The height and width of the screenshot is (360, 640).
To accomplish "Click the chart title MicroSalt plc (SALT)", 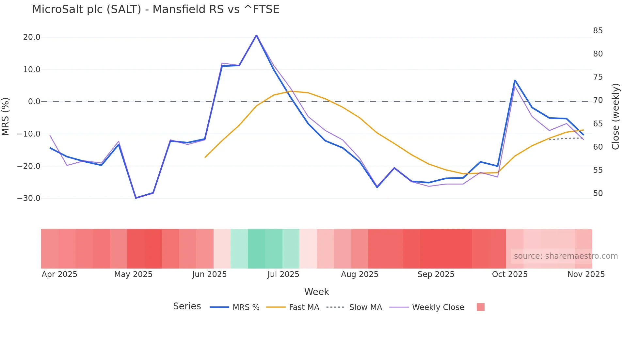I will pyautogui.click(x=155, y=9).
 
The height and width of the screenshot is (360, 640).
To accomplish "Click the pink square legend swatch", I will pyautogui.click(x=480, y=307).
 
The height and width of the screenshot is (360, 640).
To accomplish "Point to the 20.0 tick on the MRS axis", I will pyautogui.click(x=32, y=37).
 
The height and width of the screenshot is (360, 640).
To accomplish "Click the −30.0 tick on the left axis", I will pyautogui.click(x=29, y=198).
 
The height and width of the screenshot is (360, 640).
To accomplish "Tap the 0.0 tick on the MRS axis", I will pyautogui.click(x=34, y=102).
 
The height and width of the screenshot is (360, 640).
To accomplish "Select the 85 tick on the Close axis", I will pyautogui.click(x=598, y=31).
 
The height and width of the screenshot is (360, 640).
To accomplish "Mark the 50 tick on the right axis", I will pyautogui.click(x=598, y=193).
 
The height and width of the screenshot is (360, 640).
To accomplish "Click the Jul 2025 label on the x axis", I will pyautogui.click(x=283, y=274).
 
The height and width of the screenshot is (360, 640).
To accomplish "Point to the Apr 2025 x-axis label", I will pyautogui.click(x=59, y=274).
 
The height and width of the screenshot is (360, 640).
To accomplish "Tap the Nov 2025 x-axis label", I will pyautogui.click(x=586, y=274).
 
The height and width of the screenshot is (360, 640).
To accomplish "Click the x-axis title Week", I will pyautogui.click(x=316, y=292).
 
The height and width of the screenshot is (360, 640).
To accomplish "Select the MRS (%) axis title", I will pyautogui.click(x=6, y=116).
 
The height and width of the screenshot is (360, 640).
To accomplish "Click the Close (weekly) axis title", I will pyautogui.click(x=616, y=117).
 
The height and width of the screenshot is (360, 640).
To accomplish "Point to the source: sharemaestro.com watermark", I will pyautogui.click(x=566, y=256).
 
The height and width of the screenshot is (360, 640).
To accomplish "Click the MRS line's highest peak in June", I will pyautogui.click(x=256, y=35).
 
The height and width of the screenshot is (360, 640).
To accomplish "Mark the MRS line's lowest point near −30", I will pyautogui.click(x=136, y=198).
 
